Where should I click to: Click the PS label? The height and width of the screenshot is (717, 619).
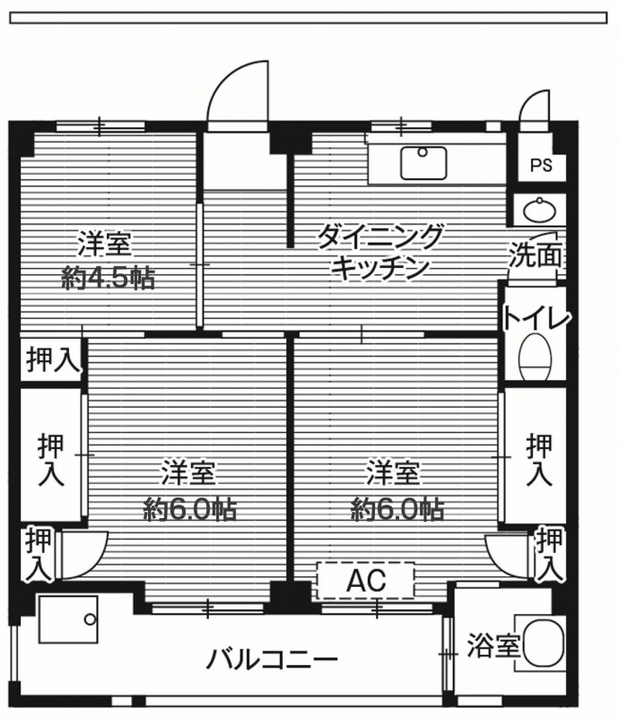click(541, 165)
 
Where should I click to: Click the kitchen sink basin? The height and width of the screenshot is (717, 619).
click(423, 163)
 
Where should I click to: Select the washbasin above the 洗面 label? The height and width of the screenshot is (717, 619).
click(540, 210)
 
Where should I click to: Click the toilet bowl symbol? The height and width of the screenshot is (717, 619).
click(536, 357)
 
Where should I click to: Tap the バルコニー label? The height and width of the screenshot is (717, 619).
click(272, 660)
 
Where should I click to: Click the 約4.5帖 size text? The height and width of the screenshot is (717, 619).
click(108, 278)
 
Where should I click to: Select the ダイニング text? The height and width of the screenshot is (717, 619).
click(380, 236)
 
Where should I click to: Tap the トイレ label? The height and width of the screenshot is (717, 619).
click(537, 318)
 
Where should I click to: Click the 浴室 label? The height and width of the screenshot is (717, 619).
click(493, 645)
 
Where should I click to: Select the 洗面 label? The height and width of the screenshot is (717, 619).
click(536, 255)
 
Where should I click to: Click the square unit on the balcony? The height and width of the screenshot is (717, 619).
click(68, 619)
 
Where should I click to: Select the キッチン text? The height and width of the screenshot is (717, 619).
click(380, 268)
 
